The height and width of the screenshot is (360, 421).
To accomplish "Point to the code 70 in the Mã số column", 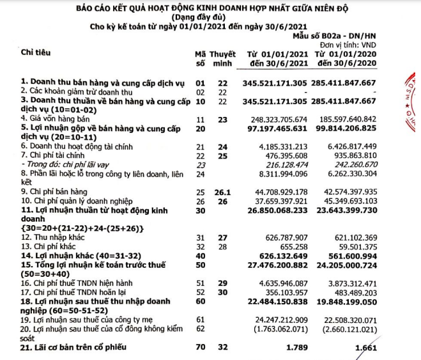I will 199,348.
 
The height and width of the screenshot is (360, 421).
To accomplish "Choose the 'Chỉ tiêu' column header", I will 36,51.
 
